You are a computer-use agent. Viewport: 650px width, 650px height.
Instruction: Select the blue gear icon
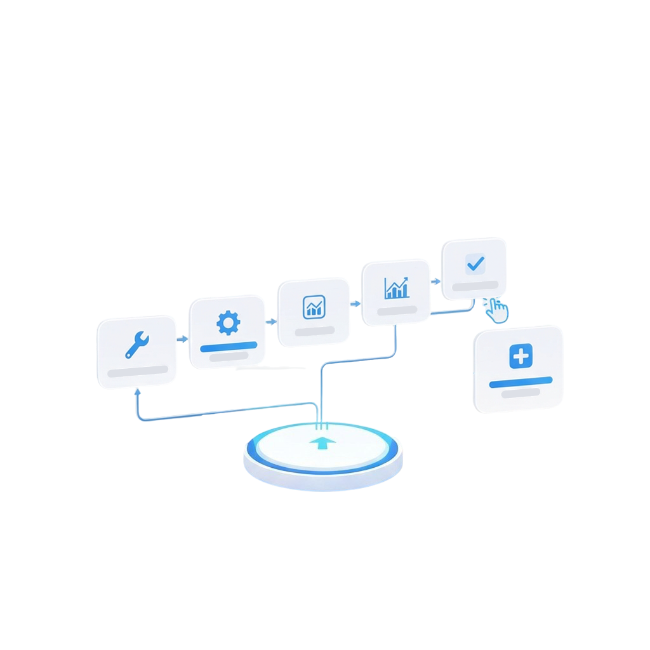[x=229, y=323]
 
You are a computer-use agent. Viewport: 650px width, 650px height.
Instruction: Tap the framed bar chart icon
[x=314, y=307]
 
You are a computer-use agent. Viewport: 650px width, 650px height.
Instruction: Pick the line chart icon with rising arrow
[x=397, y=288]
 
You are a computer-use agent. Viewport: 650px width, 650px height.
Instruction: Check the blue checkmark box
[x=475, y=263]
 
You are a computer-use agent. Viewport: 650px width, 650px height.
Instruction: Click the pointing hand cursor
[x=498, y=310]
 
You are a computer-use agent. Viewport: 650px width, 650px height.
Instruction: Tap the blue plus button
[x=521, y=357]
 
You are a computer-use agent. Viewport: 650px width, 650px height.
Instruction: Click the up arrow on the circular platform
[x=323, y=442]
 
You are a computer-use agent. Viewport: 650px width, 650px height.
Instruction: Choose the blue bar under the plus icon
[x=521, y=381]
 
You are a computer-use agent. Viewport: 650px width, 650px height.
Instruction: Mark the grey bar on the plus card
[x=521, y=393]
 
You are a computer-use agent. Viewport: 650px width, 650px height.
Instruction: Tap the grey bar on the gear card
[x=229, y=357]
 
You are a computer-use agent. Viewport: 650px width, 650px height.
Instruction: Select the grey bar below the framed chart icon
[x=314, y=331]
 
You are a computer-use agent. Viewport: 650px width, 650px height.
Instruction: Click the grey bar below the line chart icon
[x=397, y=310]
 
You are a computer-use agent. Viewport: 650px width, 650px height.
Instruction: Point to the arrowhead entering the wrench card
[x=138, y=394]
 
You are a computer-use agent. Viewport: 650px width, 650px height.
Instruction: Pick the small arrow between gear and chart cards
[x=274, y=322]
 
